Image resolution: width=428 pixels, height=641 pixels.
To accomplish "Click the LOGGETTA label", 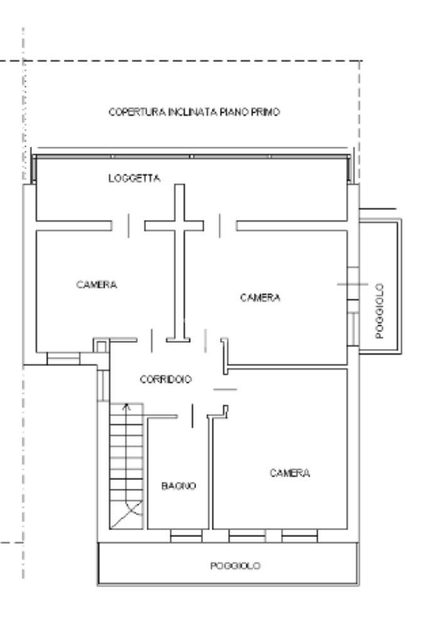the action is [134, 178].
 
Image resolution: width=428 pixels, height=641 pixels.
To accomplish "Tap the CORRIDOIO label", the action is [165, 379].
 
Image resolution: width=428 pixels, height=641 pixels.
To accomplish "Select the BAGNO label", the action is [179, 486].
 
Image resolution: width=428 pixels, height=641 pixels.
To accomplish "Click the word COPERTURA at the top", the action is [137, 112].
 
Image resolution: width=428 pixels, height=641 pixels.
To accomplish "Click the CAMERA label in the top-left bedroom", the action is [97, 284].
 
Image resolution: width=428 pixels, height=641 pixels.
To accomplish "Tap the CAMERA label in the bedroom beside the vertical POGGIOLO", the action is [260, 298].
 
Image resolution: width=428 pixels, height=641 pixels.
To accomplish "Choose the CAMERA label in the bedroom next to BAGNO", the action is [290, 473].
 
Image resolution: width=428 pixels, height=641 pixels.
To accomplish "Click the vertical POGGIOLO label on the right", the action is [380, 311].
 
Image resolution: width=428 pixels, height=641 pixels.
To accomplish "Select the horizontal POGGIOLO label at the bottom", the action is [235, 566].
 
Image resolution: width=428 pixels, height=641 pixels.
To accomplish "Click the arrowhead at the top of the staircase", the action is [127, 406].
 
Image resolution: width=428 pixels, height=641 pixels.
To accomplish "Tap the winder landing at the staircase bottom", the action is [127, 514].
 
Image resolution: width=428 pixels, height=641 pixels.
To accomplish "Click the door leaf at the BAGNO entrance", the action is [192, 416].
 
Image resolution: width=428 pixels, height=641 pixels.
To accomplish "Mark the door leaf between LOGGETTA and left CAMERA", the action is [128, 226].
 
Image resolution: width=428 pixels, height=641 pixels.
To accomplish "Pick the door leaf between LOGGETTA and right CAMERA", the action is [219, 226].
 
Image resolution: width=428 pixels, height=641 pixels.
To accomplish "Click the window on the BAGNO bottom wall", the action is [186, 536].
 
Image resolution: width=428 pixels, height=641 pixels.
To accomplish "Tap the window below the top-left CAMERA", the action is [63, 358].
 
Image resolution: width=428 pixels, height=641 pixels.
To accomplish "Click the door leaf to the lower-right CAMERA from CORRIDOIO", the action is [225, 390].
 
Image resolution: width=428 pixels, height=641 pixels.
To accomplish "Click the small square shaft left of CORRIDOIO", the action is [102, 346].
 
